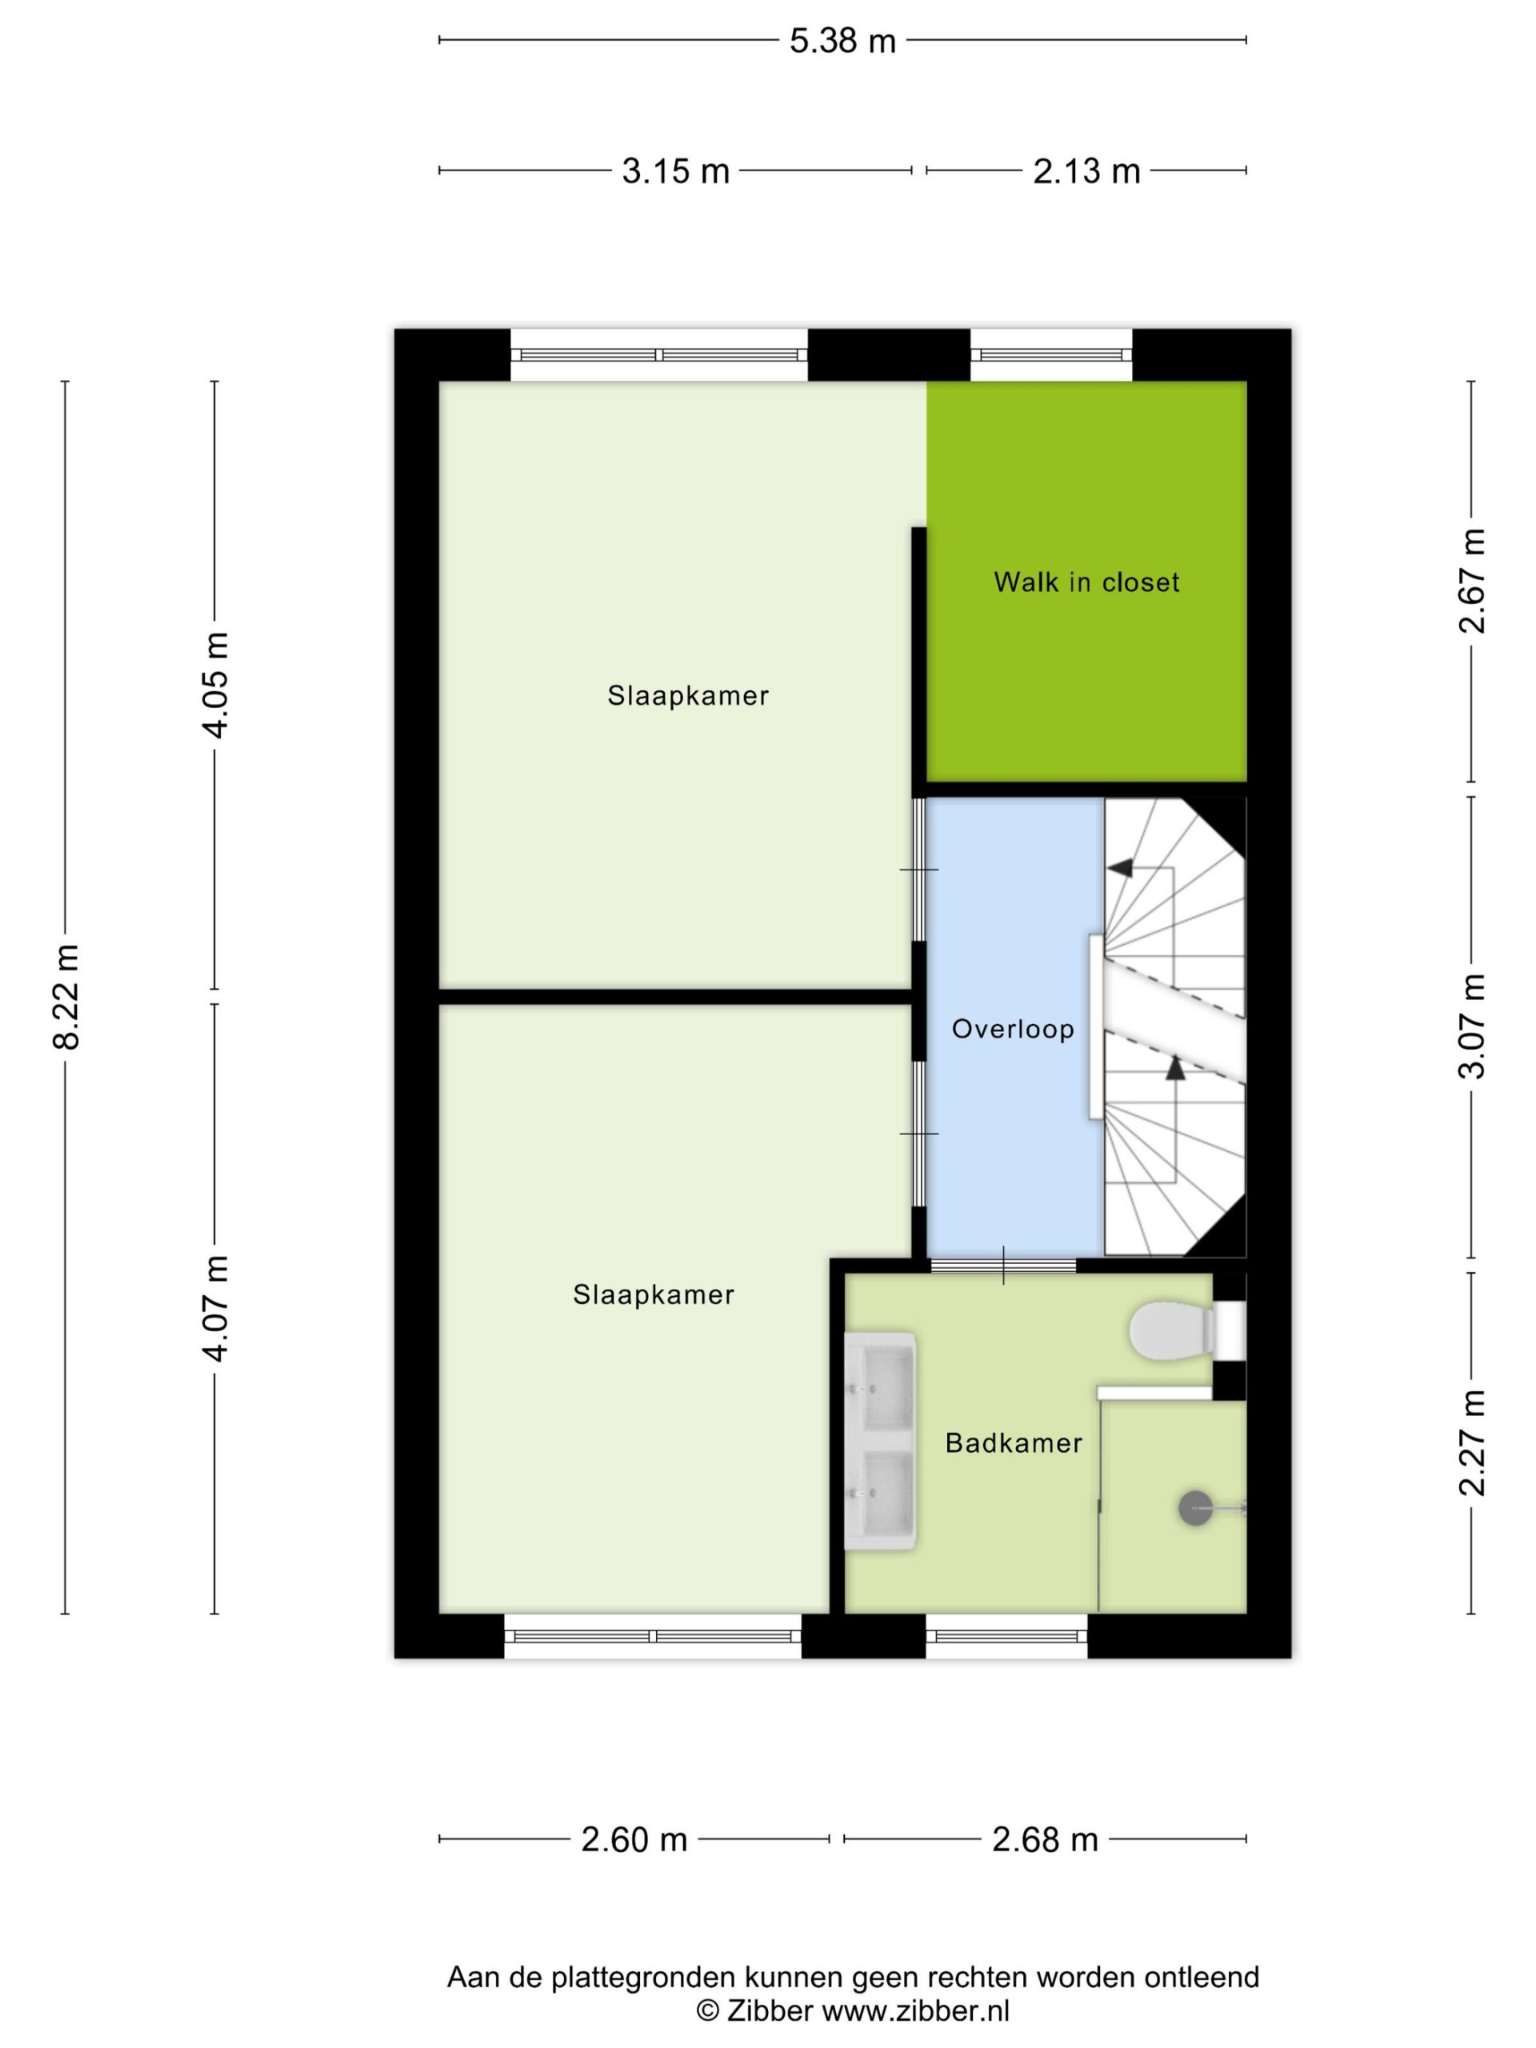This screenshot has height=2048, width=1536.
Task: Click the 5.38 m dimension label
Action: [842, 41]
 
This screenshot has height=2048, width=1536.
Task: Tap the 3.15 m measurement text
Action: [675, 171]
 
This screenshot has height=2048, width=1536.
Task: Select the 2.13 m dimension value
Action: [1086, 171]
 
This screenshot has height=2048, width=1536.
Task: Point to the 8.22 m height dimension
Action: [66, 997]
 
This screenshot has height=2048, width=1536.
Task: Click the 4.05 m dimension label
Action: [216, 685]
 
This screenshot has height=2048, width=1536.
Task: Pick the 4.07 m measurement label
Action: [216, 1308]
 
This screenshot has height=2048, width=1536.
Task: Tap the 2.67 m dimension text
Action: [1471, 581]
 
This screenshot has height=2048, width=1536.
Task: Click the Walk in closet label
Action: [1086, 582]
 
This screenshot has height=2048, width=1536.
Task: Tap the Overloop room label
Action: [1013, 1030]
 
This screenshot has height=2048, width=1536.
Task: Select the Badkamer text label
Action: [1014, 1443]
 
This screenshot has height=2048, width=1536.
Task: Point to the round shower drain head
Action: [1194, 1509]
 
